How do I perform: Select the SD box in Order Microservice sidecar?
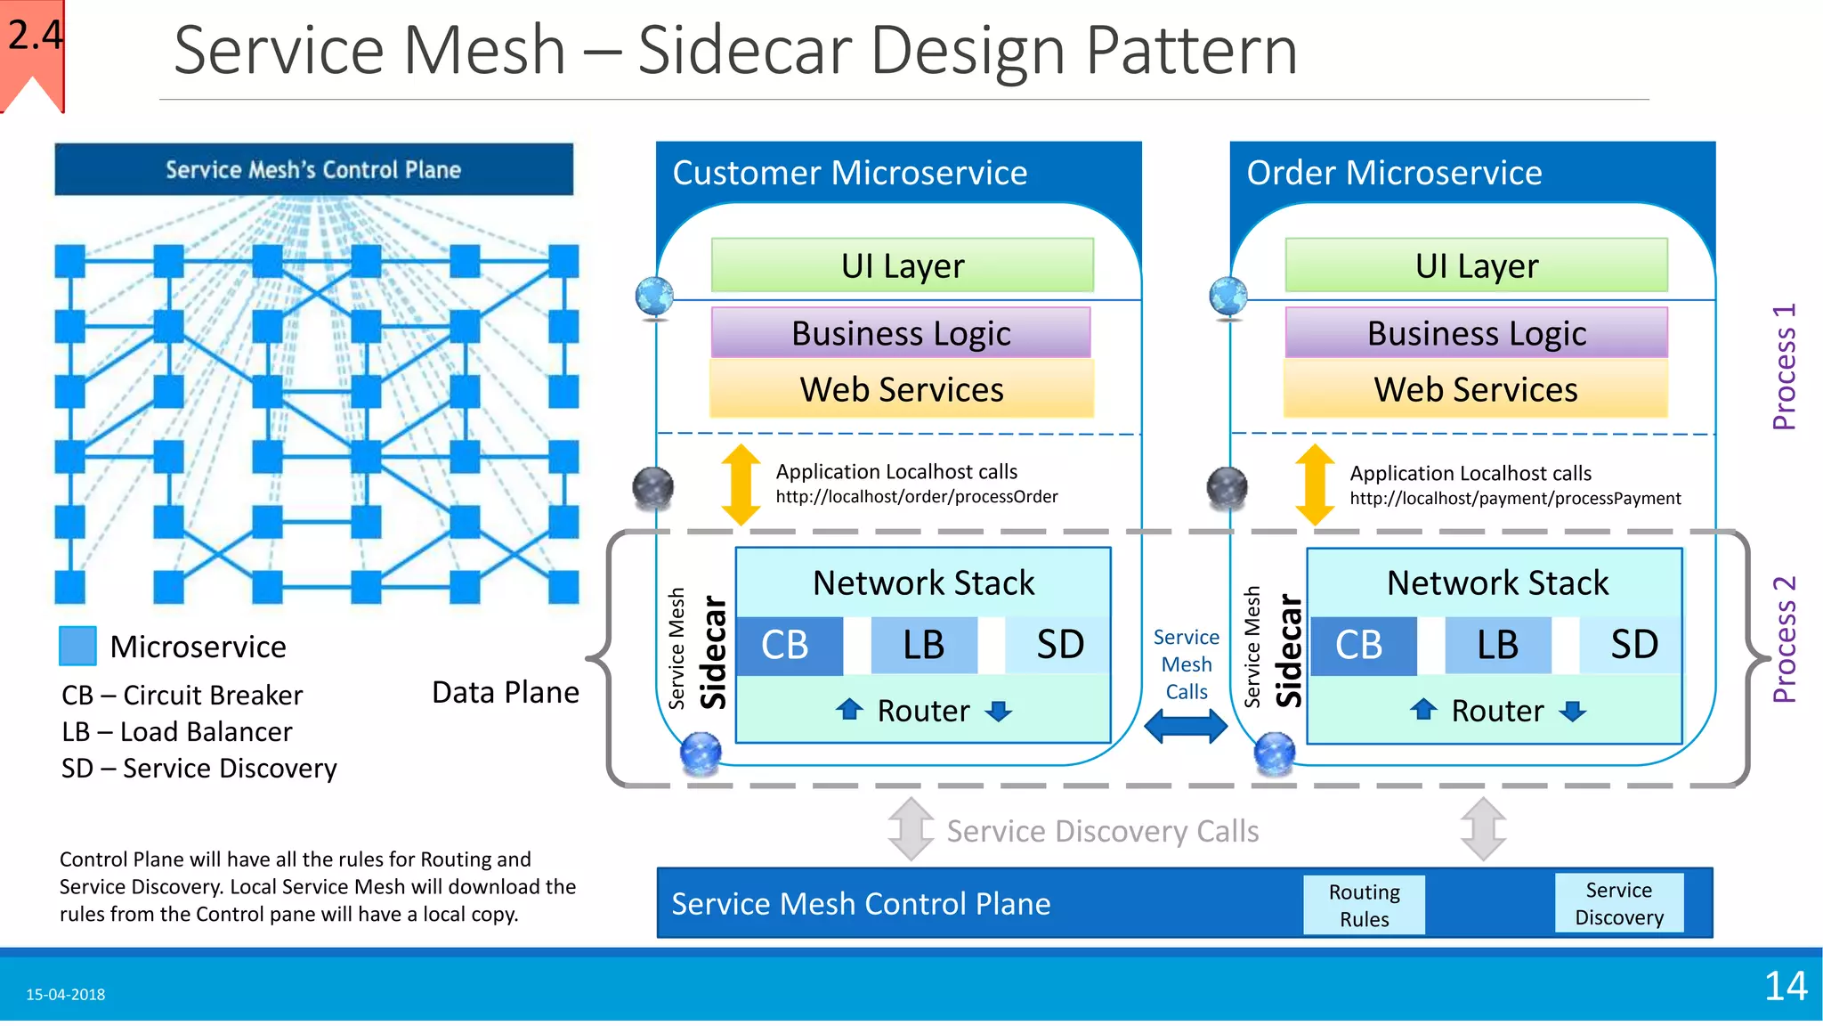(x=1633, y=646)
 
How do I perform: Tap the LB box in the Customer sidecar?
(x=923, y=646)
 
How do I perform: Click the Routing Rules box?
(x=1364, y=905)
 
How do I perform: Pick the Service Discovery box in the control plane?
(x=1618, y=903)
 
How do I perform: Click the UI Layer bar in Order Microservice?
(x=1476, y=265)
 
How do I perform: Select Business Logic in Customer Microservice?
(x=901, y=333)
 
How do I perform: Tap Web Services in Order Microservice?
(x=1475, y=390)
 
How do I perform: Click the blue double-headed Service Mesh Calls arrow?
(x=1186, y=726)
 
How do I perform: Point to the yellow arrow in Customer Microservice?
(x=741, y=484)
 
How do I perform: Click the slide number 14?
(x=1785, y=986)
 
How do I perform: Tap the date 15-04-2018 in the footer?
(x=65, y=994)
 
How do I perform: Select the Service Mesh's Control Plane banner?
(x=313, y=169)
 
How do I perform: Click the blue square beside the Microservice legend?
(x=77, y=646)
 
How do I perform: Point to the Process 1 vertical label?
(x=1784, y=367)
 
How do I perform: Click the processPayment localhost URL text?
(x=1514, y=499)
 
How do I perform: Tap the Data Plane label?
(x=505, y=692)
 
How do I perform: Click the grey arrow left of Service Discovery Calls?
(x=910, y=829)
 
